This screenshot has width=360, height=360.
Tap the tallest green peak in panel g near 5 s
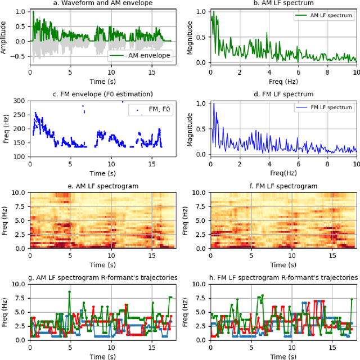pyautogui.click(x=70, y=291)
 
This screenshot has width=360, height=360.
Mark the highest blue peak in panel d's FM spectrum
pyautogui.click(x=213, y=103)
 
